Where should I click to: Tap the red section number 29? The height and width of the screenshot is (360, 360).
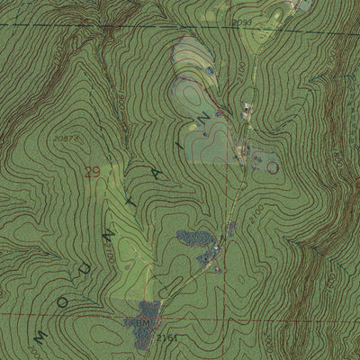[92, 172]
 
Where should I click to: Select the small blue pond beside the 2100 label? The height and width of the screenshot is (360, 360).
[209, 70]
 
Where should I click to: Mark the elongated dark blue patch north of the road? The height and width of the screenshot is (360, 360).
[193, 238]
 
